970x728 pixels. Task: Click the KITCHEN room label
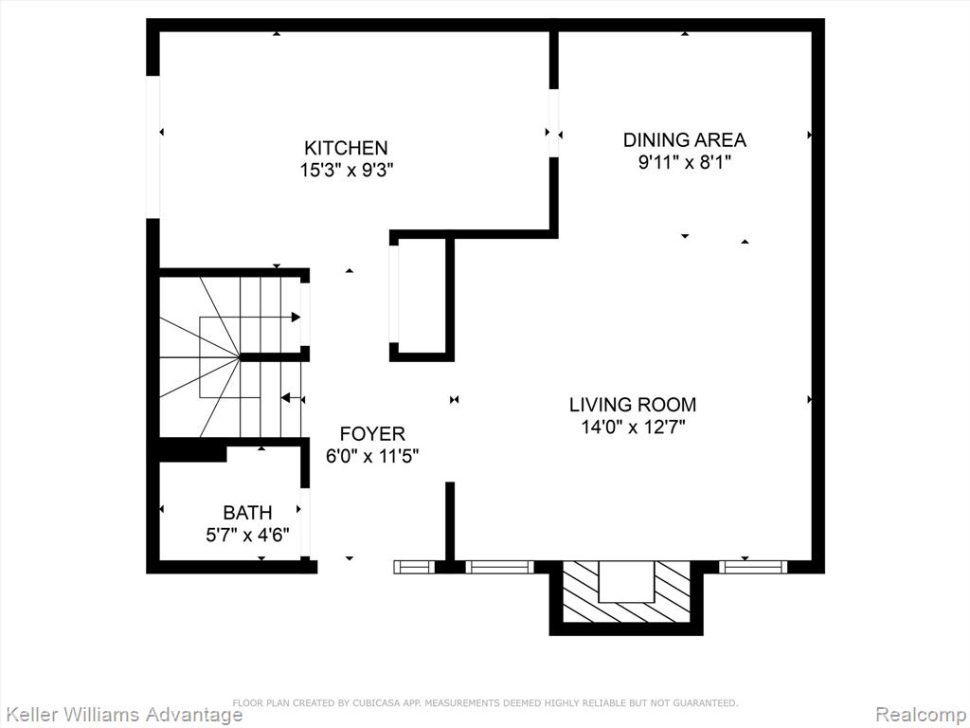click(x=346, y=148)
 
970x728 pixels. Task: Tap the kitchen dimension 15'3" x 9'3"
click(x=347, y=171)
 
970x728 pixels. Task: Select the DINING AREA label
click(x=684, y=140)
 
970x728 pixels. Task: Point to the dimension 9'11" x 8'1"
click(x=685, y=163)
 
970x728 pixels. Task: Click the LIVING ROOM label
click(x=633, y=405)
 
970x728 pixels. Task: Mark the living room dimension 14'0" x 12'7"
click(x=633, y=428)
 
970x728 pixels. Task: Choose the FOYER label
click(x=372, y=434)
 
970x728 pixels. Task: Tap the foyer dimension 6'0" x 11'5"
click(x=372, y=457)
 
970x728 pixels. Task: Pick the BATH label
click(x=247, y=513)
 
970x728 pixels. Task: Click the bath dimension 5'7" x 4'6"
click(x=247, y=535)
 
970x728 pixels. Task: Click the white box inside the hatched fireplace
click(x=626, y=581)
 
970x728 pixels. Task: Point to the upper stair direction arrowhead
click(x=296, y=318)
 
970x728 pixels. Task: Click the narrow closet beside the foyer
click(x=422, y=296)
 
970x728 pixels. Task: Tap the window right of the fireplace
click(x=753, y=567)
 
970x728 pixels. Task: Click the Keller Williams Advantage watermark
click(x=121, y=715)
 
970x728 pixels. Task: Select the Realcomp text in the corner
click(x=921, y=715)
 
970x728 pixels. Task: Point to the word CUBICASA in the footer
click(x=373, y=703)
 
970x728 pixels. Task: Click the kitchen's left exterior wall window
click(x=153, y=147)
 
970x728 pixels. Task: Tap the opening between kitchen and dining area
click(x=553, y=123)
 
